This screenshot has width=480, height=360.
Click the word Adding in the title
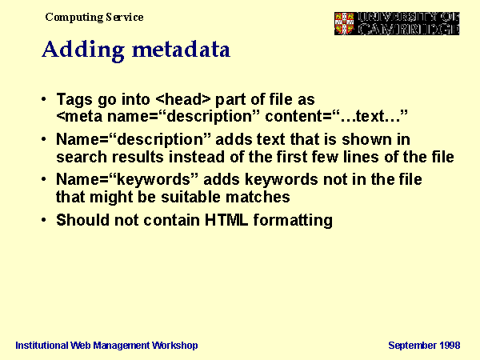coord(83,50)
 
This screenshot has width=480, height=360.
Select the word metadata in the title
coord(182,49)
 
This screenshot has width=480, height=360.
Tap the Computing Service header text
coord(94,17)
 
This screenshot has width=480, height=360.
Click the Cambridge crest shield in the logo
coord(344,23)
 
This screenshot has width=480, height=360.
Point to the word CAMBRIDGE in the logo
coord(409,29)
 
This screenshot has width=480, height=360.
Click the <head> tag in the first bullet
coord(183,99)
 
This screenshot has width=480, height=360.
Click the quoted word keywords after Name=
coord(154,180)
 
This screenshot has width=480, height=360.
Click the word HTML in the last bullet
coord(226,220)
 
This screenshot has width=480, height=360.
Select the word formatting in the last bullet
coord(293,221)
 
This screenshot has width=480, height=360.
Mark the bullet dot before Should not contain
coord(44,220)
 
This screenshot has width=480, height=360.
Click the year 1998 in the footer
coord(450,346)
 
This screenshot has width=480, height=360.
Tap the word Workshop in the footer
coord(175,346)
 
